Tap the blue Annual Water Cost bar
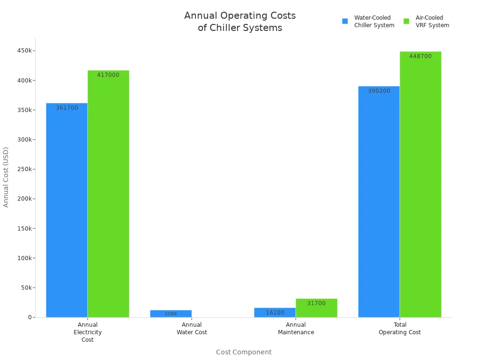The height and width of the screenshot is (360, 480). coord(171,314)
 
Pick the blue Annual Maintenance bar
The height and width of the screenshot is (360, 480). coord(275,313)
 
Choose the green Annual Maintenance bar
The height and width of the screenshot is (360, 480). coord(316,308)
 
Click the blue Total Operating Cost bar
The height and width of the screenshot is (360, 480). coord(379,202)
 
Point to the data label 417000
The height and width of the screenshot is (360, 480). coord(108,75)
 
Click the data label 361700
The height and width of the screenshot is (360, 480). coord(67,108)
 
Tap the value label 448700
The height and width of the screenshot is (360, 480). coord(420,56)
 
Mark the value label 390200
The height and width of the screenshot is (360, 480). coord(379,91)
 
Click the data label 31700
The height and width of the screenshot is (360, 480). coord(316,303)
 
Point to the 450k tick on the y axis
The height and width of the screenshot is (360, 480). coord(23,51)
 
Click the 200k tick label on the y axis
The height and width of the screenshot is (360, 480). coord(23,199)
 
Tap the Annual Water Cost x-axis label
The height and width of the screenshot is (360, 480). coord(192,329)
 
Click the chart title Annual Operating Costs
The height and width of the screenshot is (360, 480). coord(240,22)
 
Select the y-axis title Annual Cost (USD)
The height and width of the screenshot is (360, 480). coord(6,177)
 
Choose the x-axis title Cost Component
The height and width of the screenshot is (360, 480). coord(244,352)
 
